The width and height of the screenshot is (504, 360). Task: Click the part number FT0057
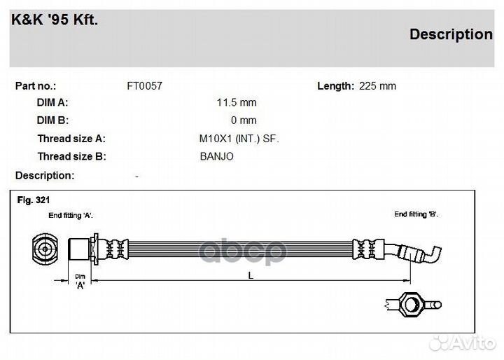(145, 86)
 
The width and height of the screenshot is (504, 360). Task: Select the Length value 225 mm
(377, 86)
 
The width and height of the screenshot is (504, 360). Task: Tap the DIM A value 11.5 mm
(237, 103)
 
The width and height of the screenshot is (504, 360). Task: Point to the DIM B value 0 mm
(244, 120)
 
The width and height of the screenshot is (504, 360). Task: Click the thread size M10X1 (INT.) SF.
(239, 139)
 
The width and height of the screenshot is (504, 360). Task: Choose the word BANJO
(216, 156)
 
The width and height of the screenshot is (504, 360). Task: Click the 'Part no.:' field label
(36, 86)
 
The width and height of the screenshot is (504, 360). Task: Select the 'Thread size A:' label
(71, 139)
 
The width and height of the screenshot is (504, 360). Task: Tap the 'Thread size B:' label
(71, 156)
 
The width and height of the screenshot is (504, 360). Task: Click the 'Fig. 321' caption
(34, 200)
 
